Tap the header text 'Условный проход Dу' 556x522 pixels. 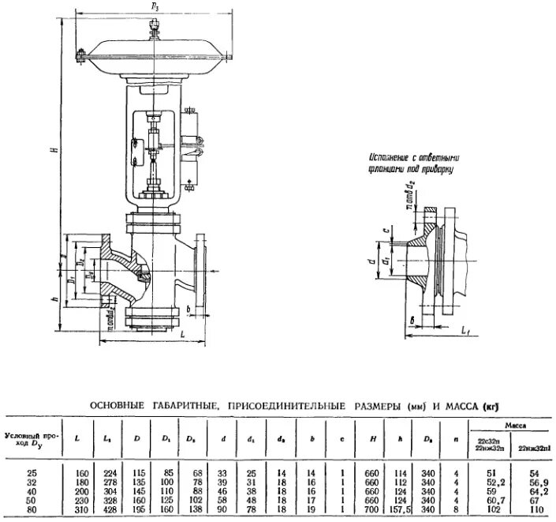[x=31, y=438]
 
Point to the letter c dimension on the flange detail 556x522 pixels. [x=384, y=229]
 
